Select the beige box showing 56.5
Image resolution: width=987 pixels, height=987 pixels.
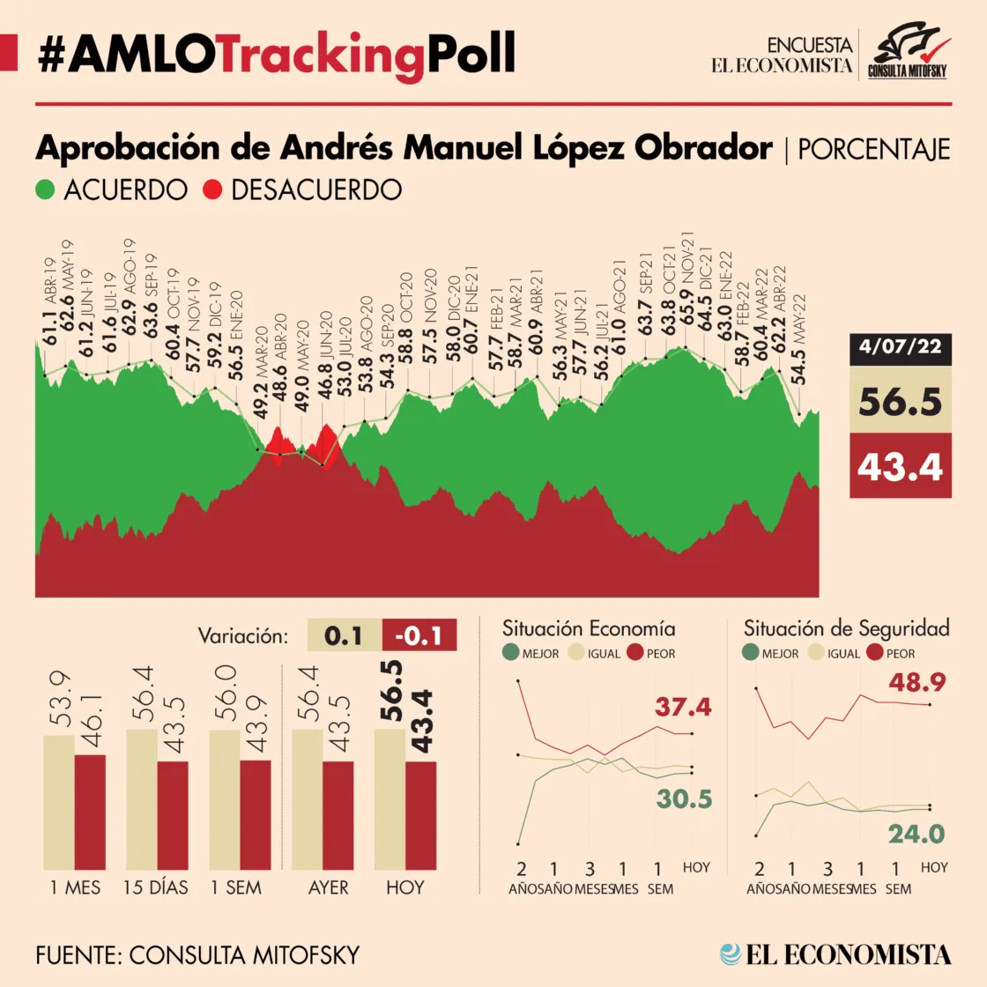[x=900, y=400]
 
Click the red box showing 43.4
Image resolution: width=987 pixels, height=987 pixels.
[x=900, y=466]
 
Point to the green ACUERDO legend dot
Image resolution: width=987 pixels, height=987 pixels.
[x=45, y=189]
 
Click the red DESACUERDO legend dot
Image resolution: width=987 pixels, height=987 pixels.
[x=212, y=189]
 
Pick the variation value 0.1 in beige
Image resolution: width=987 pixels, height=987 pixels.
[x=344, y=635]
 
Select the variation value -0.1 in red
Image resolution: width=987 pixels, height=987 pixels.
[x=419, y=635]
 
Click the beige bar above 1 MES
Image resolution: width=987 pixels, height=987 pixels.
[x=59, y=802]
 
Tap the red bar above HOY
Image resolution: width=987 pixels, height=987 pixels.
[x=420, y=816]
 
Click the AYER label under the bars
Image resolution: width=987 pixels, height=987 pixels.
[x=328, y=887]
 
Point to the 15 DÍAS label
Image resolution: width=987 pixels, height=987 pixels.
[x=155, y=887]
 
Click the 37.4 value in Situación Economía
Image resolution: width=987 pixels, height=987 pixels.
[x=683, y=707]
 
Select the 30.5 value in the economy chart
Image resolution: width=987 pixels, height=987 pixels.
[x=684, y=798]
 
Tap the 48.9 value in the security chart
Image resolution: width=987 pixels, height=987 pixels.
[x=917, y=682]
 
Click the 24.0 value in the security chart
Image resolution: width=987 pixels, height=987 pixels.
[x=916, y=834]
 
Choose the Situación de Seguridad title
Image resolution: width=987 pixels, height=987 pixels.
[x=847, y=629]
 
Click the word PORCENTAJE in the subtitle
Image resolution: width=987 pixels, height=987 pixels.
[x=873, y=150]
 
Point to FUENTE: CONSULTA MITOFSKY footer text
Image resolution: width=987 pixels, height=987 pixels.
[x=197, y=955]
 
